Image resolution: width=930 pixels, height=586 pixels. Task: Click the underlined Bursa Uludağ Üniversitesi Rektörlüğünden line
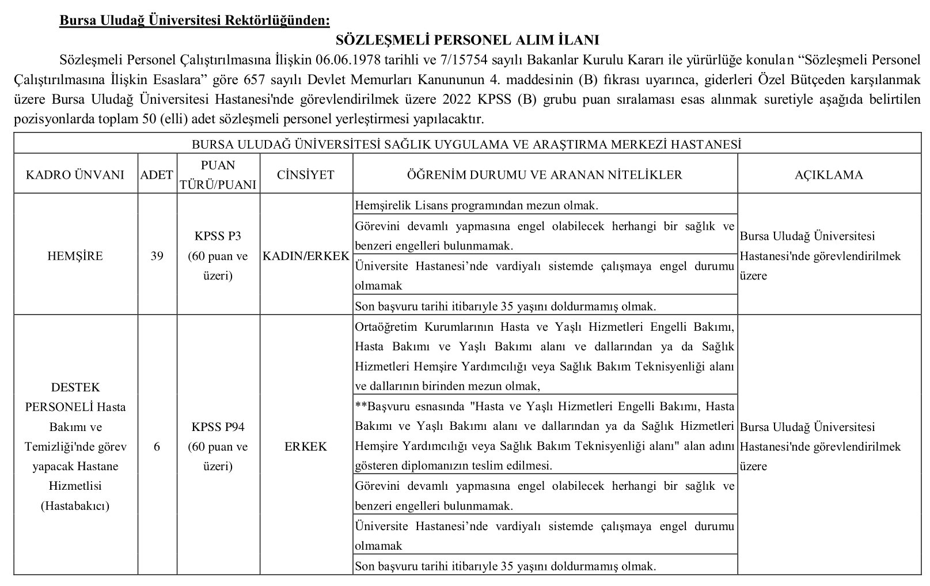tap(195, 21)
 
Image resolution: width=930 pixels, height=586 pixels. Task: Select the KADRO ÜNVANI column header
tap(75, 175)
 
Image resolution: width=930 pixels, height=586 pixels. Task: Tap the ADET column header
tap(157, 175)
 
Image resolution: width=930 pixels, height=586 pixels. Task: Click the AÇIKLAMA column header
tap(829, 175)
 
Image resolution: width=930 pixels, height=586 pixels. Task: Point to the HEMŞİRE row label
tap(75, 256)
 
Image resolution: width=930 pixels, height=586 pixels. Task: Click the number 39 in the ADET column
tap(157, 256)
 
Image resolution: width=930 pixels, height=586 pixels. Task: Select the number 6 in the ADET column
tap(157, 447)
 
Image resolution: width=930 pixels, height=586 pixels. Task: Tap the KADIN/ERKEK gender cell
tap(306, 256)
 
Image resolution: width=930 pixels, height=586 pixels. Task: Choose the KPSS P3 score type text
tap(218, 236)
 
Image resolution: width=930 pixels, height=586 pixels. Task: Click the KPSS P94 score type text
tap(218, 427)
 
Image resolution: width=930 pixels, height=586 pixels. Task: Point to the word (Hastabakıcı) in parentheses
tap(75, 506)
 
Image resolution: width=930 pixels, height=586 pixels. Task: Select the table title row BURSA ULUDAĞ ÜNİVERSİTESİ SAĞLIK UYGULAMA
tap(467, 145)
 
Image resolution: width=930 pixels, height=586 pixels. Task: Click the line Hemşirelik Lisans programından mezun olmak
tap(477, 205)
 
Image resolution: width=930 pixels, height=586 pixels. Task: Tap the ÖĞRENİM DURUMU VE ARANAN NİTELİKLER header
tap(544, 175)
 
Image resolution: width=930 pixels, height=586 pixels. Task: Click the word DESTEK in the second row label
tap(75, 387)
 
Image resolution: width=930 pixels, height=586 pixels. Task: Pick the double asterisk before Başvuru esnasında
tap(361, 407)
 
